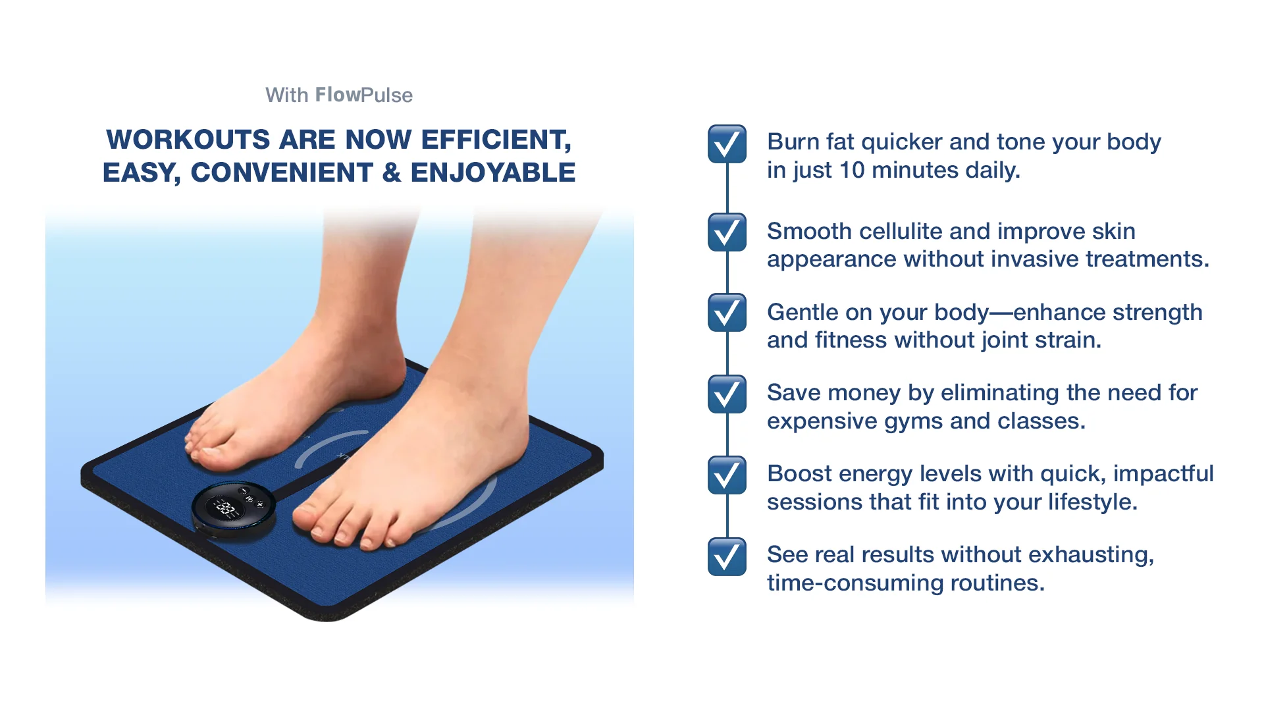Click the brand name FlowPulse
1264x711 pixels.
(x=364, y=95)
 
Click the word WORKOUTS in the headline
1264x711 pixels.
(x=188, y=140)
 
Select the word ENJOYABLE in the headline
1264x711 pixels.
(x=493, y=172)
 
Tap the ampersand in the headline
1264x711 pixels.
(x=392, y=172)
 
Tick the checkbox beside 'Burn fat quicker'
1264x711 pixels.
(x=727, y=144)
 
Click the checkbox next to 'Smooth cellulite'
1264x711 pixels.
(x=727, y=232)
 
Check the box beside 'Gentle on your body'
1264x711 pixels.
(x=727, y=313)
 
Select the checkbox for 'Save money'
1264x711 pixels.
(x=727, y=394)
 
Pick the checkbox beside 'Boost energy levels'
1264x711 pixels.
(x=727, y=475)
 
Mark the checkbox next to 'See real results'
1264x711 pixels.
(x=727, y=556)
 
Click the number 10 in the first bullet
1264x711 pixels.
(x=852, y=170)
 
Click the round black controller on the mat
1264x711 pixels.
(x=234, y=511)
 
